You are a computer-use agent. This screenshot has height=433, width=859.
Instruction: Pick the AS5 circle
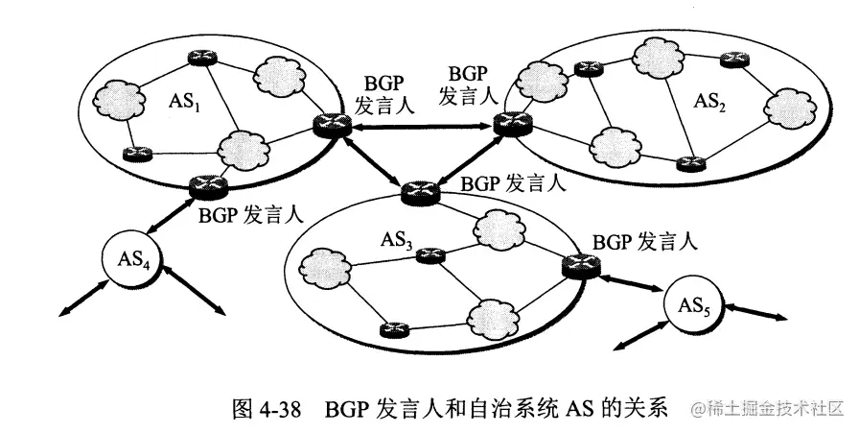coord(692,306)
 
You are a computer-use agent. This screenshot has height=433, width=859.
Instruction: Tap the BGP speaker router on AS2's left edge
coord(505,122)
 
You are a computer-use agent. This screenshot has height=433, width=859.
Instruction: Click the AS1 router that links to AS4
coord(206,185)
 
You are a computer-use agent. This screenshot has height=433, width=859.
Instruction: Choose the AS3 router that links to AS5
coord(578,263)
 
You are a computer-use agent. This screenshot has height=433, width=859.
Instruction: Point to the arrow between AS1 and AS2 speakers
coord(418,125)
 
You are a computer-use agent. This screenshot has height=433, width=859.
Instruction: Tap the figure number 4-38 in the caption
coord(276,408)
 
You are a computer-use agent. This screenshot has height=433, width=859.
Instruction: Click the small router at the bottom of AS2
coord(685,163)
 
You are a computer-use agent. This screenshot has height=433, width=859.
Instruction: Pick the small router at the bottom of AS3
coord(391,330)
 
